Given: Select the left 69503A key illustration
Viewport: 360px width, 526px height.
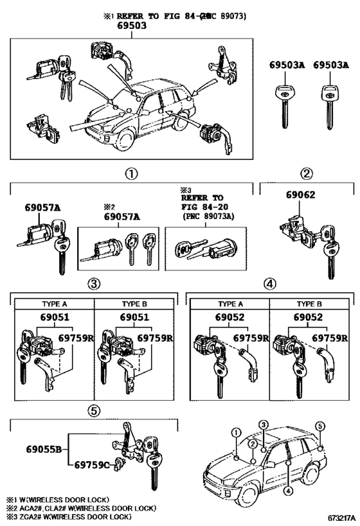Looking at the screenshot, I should (x=283, y=101).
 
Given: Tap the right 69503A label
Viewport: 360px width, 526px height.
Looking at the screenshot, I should (x=330, y=66).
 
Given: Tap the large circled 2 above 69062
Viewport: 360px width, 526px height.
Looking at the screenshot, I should (x=307, y=173).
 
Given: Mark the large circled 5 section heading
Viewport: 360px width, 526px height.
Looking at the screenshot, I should (x=93, y=410).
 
